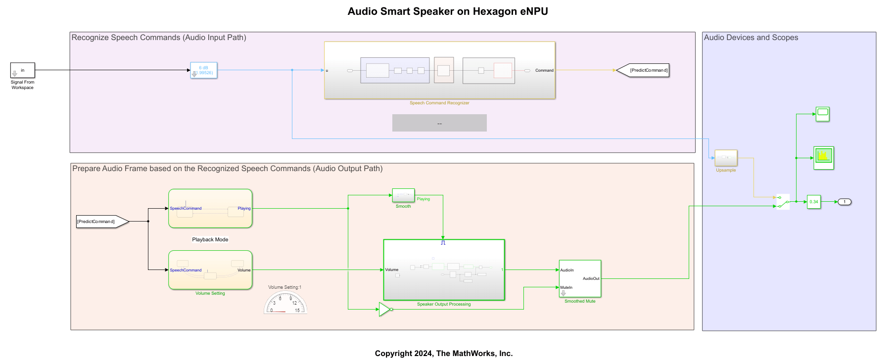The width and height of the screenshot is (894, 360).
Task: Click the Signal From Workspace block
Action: [x=23, y=70]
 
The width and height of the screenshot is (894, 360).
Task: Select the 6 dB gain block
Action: [x=204, y=70]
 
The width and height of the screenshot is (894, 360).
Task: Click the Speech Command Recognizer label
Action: [x=439, y=103]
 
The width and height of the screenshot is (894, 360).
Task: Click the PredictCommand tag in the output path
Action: [x=101, y=222]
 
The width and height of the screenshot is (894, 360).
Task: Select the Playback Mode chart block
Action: [x=210, y=209]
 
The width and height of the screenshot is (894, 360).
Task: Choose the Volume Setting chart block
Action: [x=210, y=270]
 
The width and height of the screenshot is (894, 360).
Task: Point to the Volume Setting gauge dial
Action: [x=285, y=303]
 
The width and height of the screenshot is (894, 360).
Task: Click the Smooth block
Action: [x=403, y=195]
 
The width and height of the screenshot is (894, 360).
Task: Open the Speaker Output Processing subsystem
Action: [x=444, y=270]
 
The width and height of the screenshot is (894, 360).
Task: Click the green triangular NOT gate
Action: [x=384, y=310]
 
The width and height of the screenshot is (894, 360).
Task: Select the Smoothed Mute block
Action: [x=580, y=279]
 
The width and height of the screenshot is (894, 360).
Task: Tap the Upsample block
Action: [x=726, y=158]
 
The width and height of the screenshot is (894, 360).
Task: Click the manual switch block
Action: [x=783, y=202]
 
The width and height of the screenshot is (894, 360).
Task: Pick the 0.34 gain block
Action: [x=814, y=202]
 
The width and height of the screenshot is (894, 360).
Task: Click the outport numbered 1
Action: [x=845, y=202]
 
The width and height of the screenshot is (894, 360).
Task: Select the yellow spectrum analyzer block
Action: [x=823, y=158]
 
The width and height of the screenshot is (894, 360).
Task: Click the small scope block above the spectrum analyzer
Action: [x=823, y=114]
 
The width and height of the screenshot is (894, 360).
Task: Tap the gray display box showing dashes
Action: [x=439, y=123]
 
